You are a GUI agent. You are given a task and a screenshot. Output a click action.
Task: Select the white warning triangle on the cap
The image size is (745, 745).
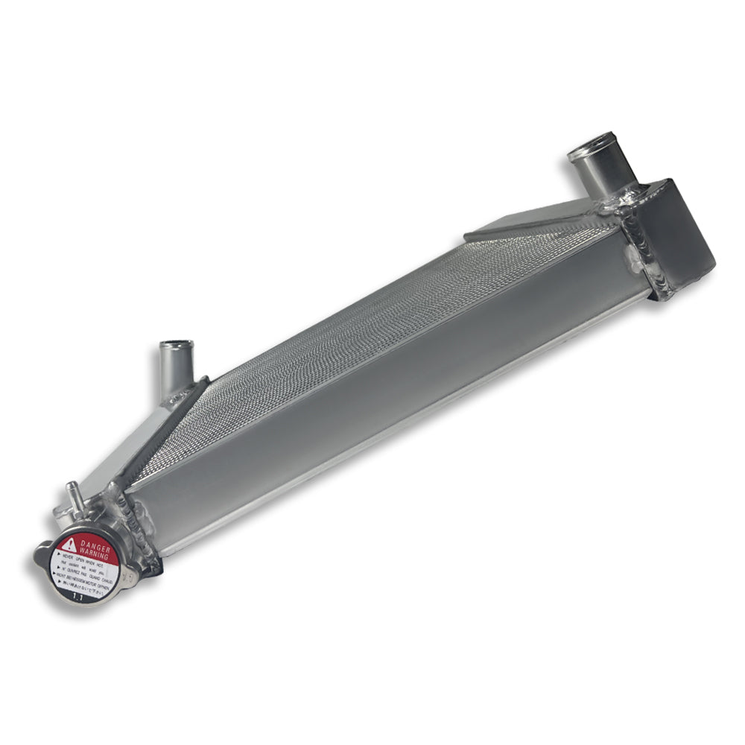point(69,545)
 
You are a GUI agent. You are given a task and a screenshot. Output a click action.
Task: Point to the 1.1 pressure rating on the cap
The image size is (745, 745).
point(74,594)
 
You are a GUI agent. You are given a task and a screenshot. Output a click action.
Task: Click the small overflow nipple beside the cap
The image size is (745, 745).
point(73,492)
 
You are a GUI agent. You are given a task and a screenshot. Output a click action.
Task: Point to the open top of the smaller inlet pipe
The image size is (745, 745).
point(177,345)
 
